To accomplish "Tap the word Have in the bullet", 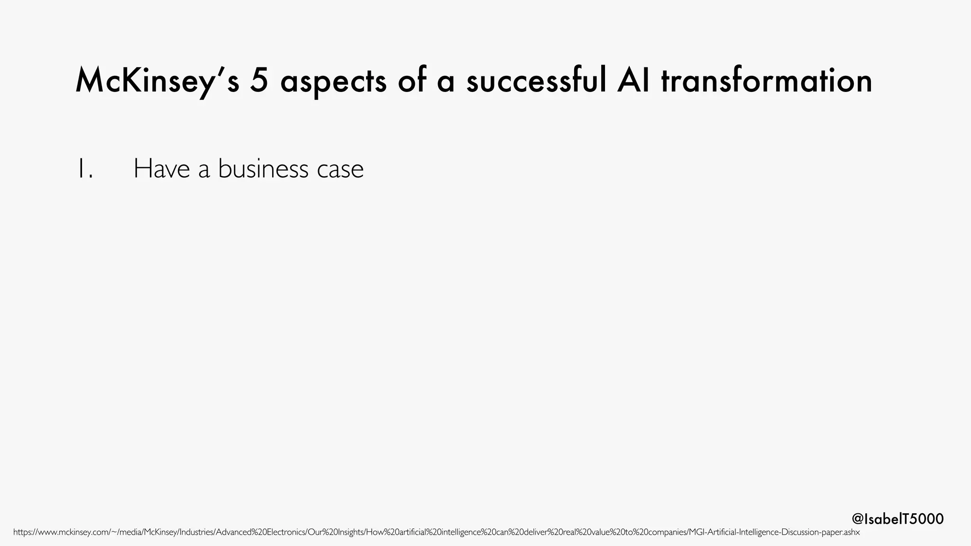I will (162, 169).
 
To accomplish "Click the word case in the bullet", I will (340, 170).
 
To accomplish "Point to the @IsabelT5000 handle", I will (898, 519).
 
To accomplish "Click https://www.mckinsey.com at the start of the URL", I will (61, 532).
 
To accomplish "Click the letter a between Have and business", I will (204, 170).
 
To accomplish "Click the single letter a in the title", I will (446, 82).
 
